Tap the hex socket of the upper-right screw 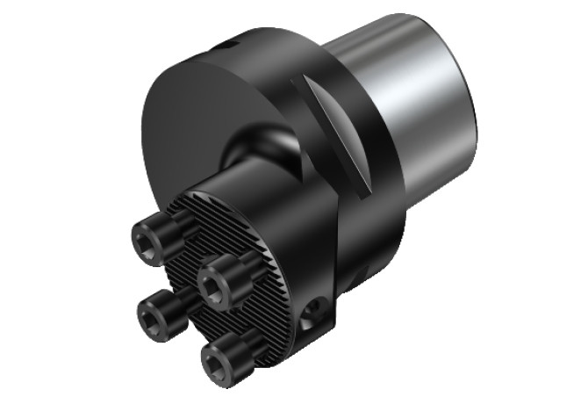tap(213, 284)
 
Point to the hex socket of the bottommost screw tap(214, 357)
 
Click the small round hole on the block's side tap(313, 312)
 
